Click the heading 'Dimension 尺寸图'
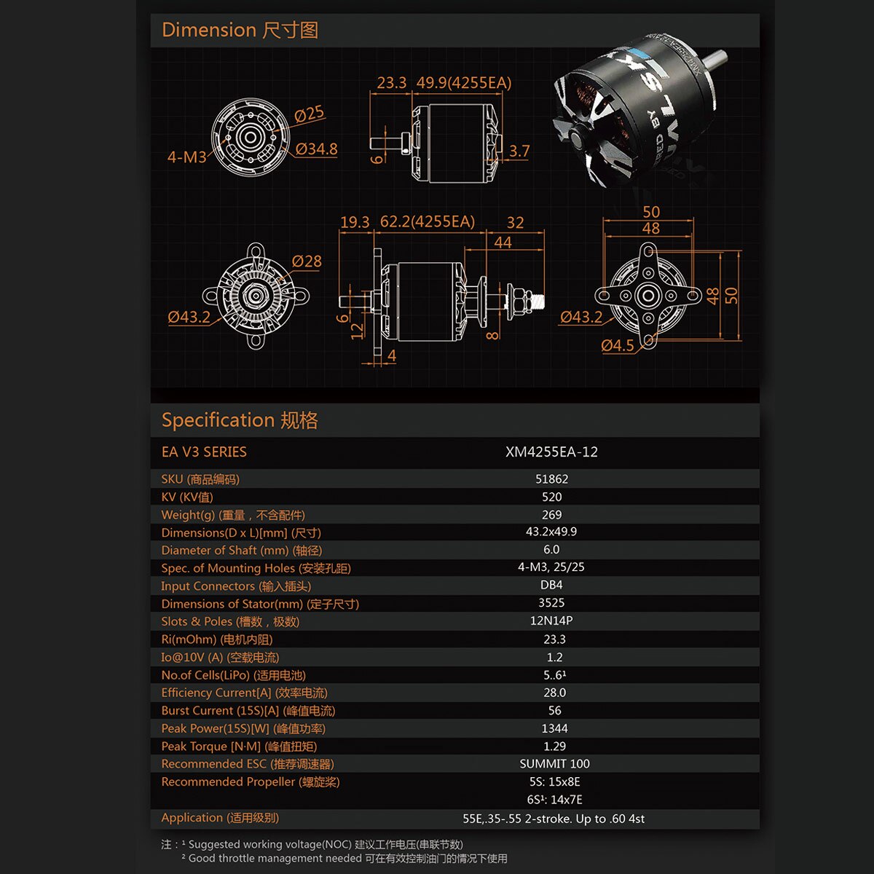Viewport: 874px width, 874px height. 240,31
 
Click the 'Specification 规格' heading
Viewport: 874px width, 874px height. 240,420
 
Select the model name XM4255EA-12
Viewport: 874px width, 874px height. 551,452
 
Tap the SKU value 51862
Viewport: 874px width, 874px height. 551,479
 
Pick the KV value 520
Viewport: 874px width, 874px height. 551,497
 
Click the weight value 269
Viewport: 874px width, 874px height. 551,515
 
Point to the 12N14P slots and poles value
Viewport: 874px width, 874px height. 551,621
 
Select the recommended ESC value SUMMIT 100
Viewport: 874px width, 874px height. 555,764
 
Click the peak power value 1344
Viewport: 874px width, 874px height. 554,728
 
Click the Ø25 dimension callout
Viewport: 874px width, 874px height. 309,114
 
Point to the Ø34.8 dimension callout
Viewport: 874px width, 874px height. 316,149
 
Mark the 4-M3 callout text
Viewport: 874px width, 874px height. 187,157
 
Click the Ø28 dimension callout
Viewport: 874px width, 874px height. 307,261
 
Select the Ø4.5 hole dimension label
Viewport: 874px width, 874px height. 618,346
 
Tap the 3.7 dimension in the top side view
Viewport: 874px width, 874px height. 519,151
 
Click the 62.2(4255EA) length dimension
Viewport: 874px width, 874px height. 428,222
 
